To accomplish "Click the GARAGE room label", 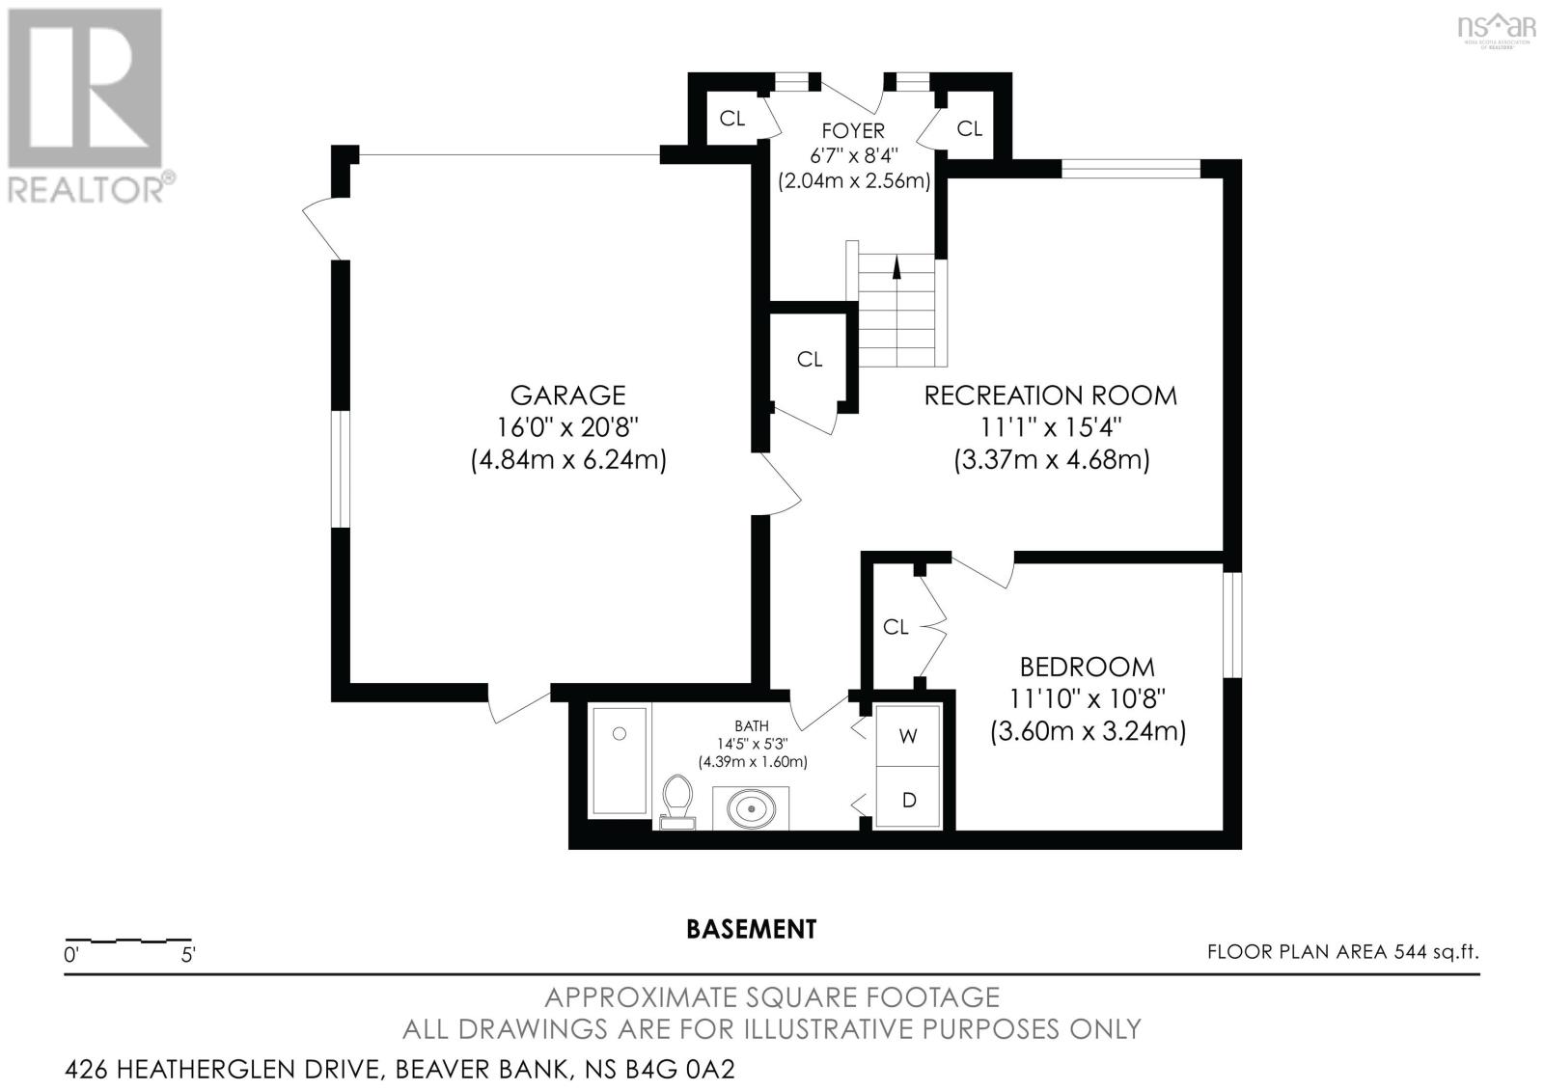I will click(567, 395).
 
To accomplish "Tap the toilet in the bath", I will click(677, 803).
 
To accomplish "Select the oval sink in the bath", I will click(750, 807).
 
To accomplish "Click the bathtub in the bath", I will click(618, 760).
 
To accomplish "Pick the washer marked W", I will click(907, 736).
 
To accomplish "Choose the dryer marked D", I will click(907, 800).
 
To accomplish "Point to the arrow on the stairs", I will click(896, 268).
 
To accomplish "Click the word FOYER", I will click(852, 130).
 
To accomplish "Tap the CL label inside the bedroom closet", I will click(896, 627).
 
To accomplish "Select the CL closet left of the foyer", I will click(731, 119).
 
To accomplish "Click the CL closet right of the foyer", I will click(969, 128).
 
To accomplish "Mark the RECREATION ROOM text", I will click(1050, 395).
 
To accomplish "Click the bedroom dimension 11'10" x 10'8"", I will click(1088, 698).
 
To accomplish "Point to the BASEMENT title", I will click(751, 929).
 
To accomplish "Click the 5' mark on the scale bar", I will click(188, 956).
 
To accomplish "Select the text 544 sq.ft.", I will click(1436, 952).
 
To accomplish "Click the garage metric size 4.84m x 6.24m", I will click(568, 459).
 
